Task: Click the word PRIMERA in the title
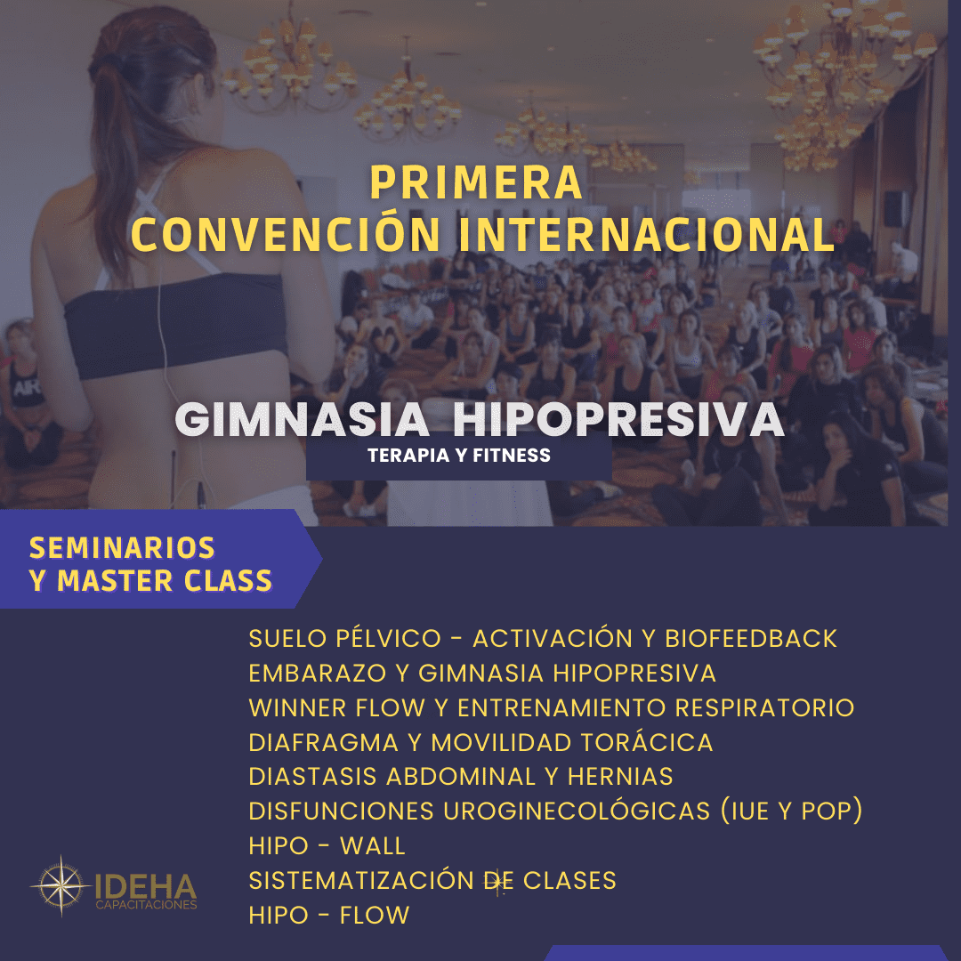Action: point(476,183)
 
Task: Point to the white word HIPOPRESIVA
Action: point(618,421)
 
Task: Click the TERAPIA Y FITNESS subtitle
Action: point(458,456)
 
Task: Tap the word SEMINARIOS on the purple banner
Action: point(123,547)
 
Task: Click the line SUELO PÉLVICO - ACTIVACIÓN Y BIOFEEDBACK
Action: point(543,639)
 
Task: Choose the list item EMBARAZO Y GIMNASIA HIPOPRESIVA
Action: point(482,673)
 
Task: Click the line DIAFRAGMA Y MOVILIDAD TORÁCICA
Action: point(480,742)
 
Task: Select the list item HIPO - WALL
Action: point(327,845)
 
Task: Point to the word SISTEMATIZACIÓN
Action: point(359,881)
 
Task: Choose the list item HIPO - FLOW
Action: point(328,915)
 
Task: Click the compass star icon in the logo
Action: point(60,885)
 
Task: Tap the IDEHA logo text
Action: point(145,886)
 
